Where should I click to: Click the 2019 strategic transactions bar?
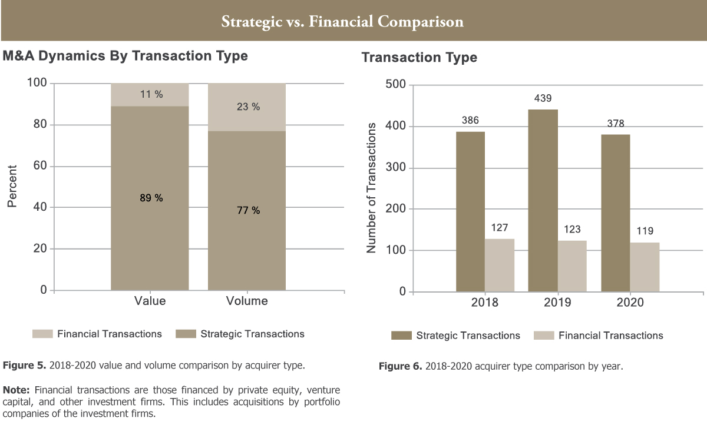[543, 200]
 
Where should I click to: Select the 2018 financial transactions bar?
[500, 265]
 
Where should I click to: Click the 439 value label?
[543, 98]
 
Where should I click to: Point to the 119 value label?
[645, 231]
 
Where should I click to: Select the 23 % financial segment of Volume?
[247, 107]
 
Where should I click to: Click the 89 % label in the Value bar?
[151, 198]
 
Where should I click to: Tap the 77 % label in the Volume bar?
[247, 210]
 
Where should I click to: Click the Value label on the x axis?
[150, 301]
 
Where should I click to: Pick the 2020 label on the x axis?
[630, 303]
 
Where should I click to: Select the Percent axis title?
[12, 186]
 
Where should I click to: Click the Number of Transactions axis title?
[371, 188]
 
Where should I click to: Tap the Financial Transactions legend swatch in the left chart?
[42, 334]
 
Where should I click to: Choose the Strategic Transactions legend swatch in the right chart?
[401, 336]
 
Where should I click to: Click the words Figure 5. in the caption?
[24, 366]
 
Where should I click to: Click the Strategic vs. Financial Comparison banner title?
[342, 22]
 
